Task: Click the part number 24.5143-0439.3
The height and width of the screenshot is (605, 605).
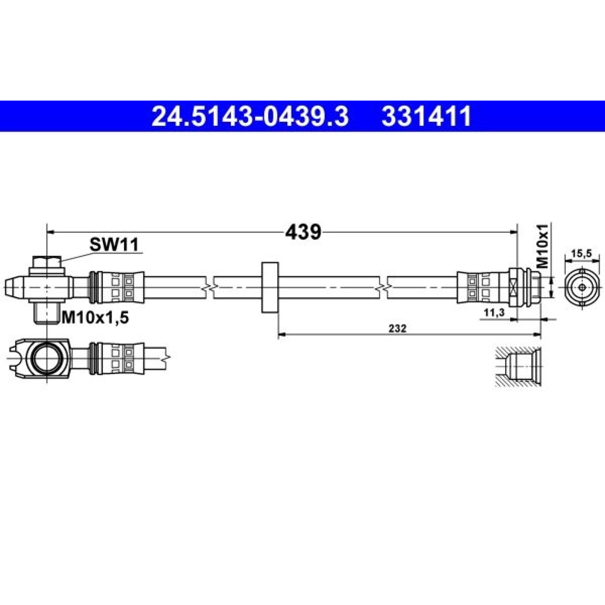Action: tap(250, 116)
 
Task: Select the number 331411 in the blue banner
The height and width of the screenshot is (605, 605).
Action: tap(427, 116)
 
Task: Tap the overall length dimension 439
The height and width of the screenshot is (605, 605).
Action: tap(303, 232)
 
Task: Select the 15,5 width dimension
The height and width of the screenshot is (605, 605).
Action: tap(581, 254)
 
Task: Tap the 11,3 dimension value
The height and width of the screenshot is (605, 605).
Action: tap(493, 312)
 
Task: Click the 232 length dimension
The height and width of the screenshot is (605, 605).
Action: tap(397, 329)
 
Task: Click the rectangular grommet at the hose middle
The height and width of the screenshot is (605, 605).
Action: tap(270, 287)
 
